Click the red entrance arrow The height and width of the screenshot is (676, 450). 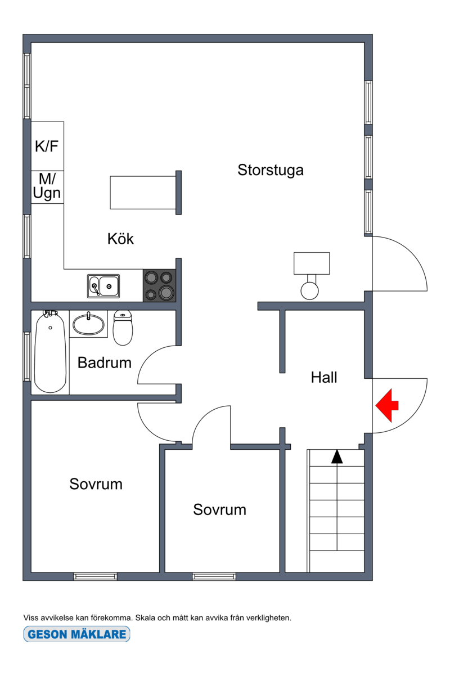click(x=386, y=405)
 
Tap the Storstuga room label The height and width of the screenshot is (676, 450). click(x=270, y=170)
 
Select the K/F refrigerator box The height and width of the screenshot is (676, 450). click(x=47, y=146)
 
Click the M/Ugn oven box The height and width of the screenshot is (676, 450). click(x=47, y=187)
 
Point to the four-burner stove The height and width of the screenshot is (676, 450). click(x=159, y=285)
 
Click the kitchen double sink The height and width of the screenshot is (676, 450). click(x=103, y=286)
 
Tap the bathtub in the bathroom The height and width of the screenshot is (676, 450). click(x=50, y=352)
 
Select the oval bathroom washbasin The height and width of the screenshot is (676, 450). click(x=89, y=324)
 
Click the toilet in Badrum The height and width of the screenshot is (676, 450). click(x=123, y=328)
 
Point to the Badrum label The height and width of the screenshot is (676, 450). click(x=105, y=362)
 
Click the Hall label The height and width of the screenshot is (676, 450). click(x=324, y=377)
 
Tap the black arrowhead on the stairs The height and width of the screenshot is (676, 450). click(x=337, y=456)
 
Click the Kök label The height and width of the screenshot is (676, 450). click(x=120, y=239)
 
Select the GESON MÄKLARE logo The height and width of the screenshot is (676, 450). click(x=76, y=634)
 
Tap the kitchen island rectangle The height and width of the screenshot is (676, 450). click(x=143, y=192)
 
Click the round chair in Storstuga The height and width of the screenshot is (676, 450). click(x=309, y=290)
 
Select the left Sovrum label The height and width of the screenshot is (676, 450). click(x=96, y=484)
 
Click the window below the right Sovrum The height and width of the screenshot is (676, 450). click(x=214, y=576)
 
